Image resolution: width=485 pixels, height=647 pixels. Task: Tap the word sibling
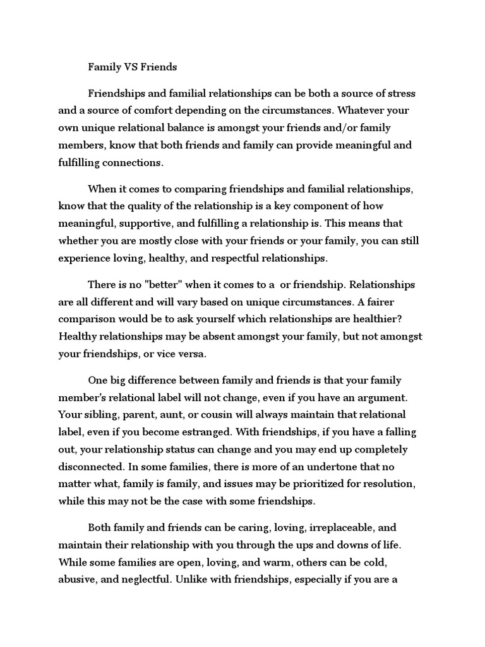pos(95,415)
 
